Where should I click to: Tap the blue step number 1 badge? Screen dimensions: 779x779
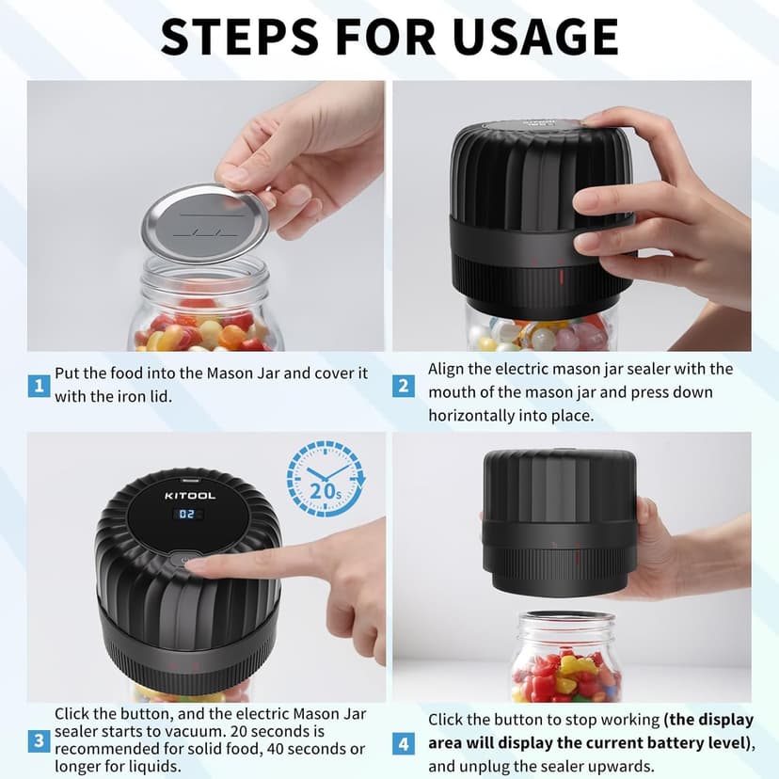click(39, 385)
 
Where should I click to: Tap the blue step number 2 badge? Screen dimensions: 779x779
click(403, 385)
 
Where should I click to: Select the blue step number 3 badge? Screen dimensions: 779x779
click(39, 740)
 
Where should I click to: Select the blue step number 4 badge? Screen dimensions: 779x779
click(403, 743)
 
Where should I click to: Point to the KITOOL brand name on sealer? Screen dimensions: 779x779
click(190, 495)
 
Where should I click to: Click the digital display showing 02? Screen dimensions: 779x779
click(190, 515)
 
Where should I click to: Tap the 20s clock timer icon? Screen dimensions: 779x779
click(324, 478)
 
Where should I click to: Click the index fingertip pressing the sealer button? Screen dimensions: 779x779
click(199, 565)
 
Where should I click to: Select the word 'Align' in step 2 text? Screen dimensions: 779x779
click(448, 369)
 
